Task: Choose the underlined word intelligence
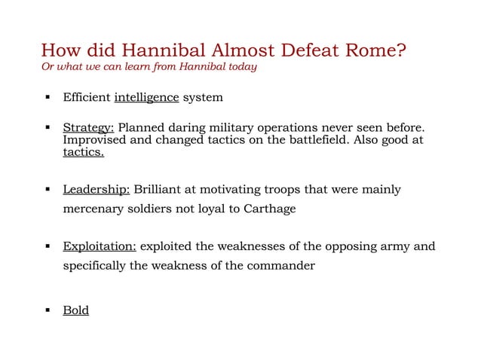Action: click(146, 98)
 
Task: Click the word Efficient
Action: click(87, 98)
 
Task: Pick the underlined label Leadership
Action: click(97, 189)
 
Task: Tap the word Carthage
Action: click(269, 209)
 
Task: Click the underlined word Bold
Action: click(75, 310)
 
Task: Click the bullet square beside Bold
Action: click(47, 310)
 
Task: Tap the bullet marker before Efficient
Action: click(47, 98)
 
